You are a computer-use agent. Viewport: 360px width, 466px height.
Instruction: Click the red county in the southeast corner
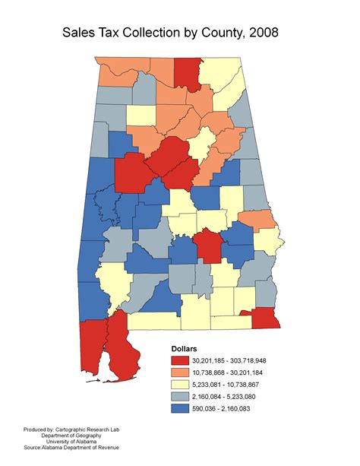(x=264, y=317)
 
